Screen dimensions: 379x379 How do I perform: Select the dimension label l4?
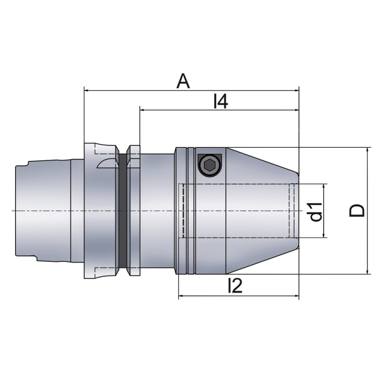221,101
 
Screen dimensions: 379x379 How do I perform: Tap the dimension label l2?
235,286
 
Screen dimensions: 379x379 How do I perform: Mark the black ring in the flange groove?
123,211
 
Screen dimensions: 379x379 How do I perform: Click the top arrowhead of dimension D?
368,150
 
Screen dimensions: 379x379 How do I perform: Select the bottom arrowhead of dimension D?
368,271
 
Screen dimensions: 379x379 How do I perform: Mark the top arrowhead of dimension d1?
324,187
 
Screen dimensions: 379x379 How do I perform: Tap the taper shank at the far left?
43,211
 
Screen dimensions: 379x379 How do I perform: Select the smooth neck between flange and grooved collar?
157,211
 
